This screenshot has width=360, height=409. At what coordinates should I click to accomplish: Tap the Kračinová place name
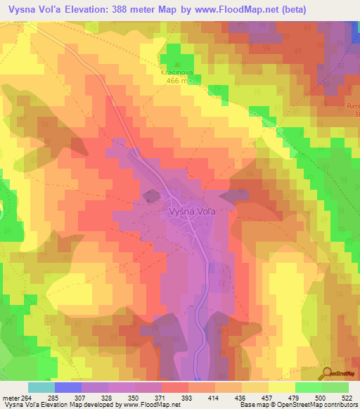(x=175, y=71)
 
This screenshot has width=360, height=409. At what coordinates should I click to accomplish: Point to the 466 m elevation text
(x=175, y=80)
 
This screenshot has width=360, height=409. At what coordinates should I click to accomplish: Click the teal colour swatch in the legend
(x=41, y=388)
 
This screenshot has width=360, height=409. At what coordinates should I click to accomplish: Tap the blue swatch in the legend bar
(x=68, y=388)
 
